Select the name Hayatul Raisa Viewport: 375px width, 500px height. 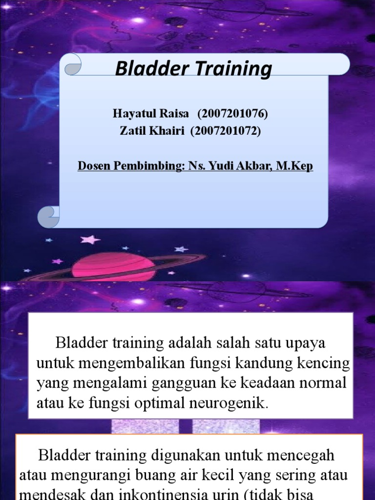(151, 114)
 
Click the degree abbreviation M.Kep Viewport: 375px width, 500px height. (294, 166)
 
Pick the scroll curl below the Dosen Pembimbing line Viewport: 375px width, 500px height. (49, 216)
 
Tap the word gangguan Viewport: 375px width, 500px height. (183, 383)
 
